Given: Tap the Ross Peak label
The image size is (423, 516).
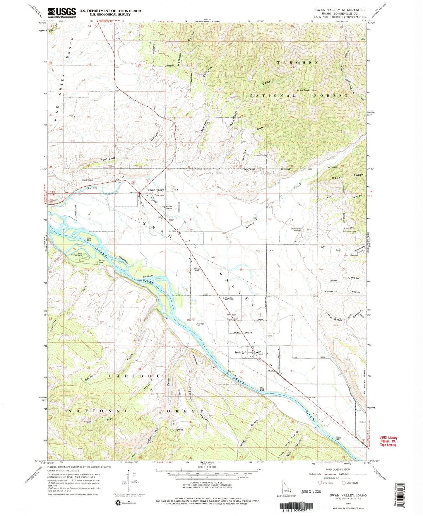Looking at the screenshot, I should (303, 90).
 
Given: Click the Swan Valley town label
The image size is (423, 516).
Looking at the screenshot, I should (156, 190).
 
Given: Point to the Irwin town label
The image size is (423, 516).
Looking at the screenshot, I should (238, 353).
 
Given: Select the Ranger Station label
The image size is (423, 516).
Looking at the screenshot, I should (169, 208).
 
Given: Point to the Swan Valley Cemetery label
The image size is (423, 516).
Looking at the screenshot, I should (295, 230).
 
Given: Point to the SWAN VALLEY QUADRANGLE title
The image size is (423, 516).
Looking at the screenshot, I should (340, 10).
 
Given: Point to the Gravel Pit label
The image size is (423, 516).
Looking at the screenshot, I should (234, 319).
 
